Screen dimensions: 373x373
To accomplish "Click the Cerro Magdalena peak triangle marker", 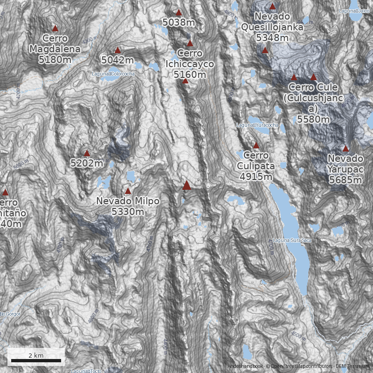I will tap(55, 28).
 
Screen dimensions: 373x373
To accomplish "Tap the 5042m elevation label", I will tap(117, 60).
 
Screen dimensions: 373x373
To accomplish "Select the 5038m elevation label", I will tap(179, 21).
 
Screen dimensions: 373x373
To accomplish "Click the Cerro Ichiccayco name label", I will tap(190, 59).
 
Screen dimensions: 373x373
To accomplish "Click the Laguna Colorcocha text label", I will tap(113, 74).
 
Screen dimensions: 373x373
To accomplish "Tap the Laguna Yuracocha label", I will tap(257, 125).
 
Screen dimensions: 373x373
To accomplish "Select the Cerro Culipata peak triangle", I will tap(256, 145).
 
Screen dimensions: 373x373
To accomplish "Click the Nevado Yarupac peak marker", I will tap(345, 149).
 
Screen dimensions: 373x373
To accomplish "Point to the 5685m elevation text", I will tap(345, 180).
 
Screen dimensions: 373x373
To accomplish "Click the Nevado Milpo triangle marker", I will tap(128, 191).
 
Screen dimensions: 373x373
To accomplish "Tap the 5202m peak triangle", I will tap(87, 153).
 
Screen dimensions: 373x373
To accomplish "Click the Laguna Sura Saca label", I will tap(291, 241).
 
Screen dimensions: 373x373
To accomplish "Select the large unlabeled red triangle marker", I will tap(187, 186).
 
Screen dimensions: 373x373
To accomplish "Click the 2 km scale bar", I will tap(36, 360).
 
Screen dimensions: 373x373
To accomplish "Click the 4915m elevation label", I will tap(256, 176).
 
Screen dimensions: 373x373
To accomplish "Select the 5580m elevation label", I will tap(313, 119).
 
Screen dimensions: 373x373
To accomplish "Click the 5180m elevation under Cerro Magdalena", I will tap(55, 60).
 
